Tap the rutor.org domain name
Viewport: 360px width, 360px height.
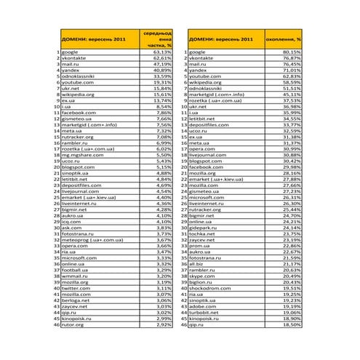[73, 324]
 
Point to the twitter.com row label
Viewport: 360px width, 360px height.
[75, 288]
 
